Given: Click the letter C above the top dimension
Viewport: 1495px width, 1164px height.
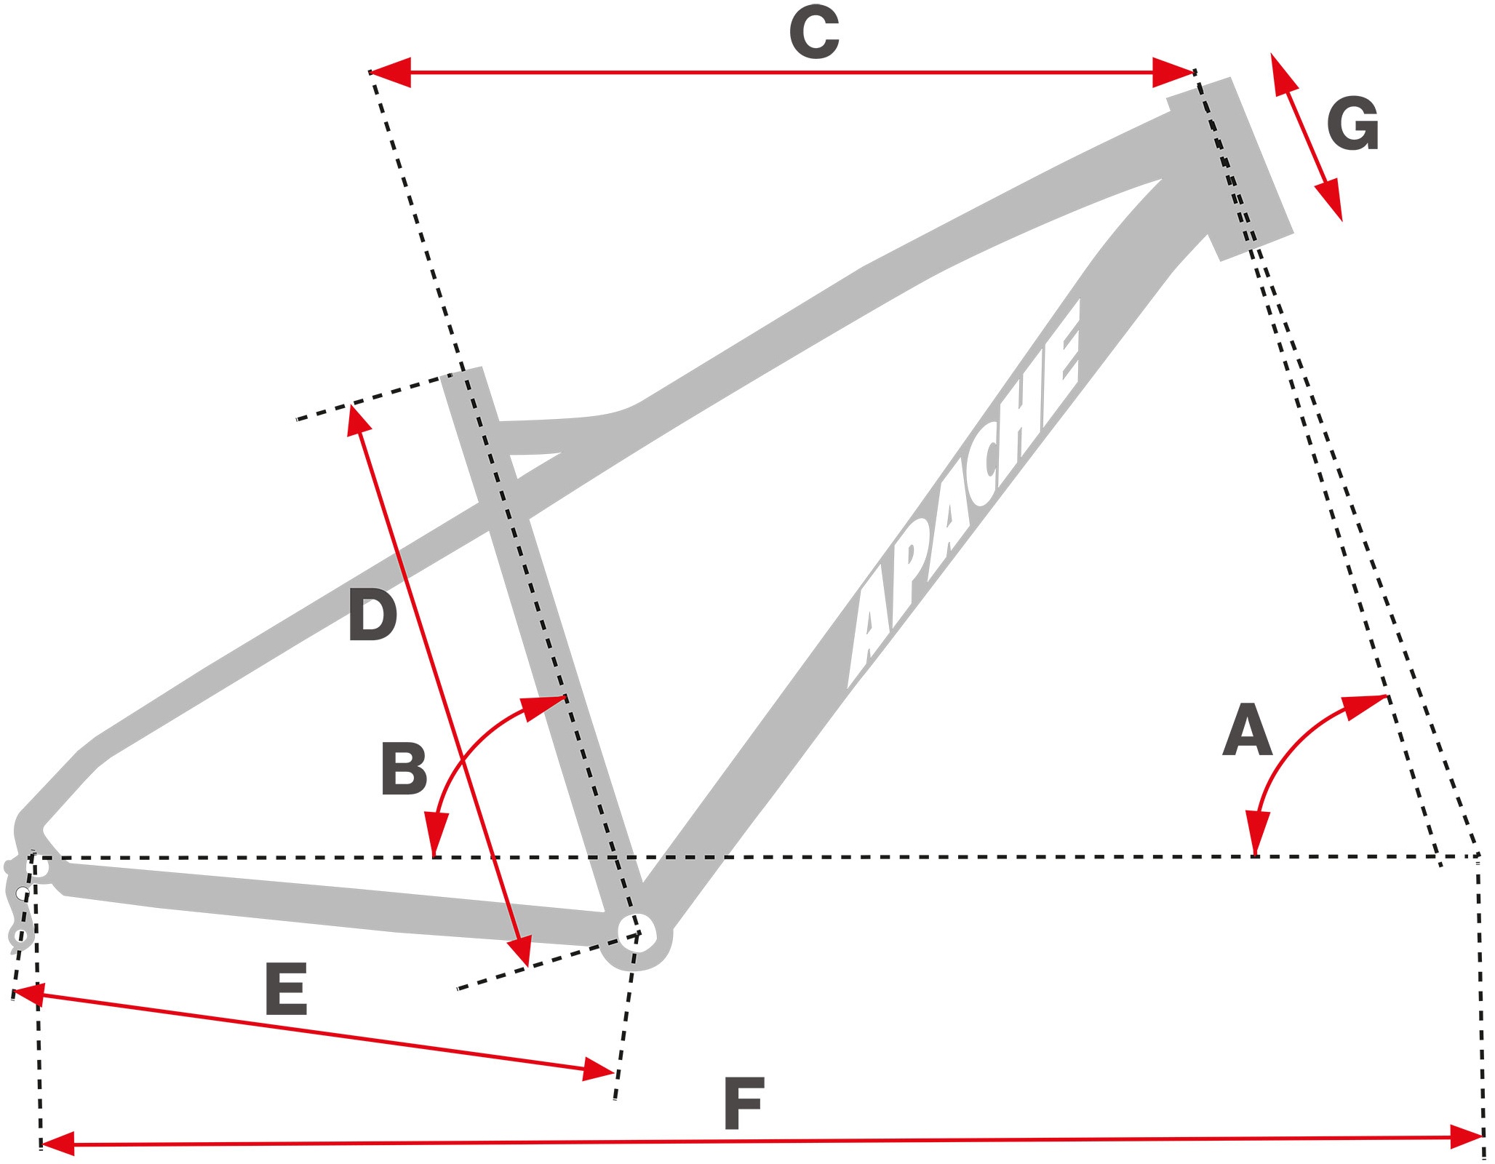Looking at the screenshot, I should click(x=814, y=33).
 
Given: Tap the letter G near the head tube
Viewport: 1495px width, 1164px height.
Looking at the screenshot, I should click(x=1352, y=124).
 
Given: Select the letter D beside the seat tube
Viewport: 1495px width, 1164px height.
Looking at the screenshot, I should click(x=372, y=615).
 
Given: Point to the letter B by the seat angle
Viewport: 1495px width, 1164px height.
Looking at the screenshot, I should click(x=404, y=769).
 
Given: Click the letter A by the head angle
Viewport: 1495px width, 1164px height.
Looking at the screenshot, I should click(x=1247, y=730).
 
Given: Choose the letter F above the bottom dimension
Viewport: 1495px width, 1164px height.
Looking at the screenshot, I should click(x=743, y=1104).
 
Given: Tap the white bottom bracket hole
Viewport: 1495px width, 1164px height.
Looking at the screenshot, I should click(x=637, y=932).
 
